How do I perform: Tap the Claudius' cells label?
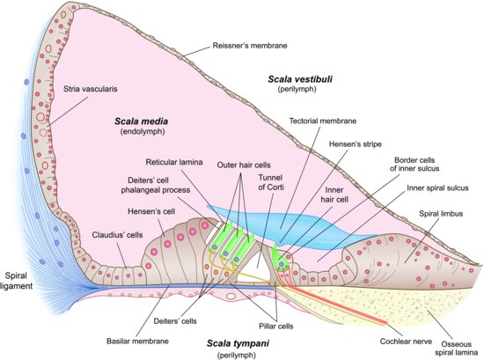tap(118, 235)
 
